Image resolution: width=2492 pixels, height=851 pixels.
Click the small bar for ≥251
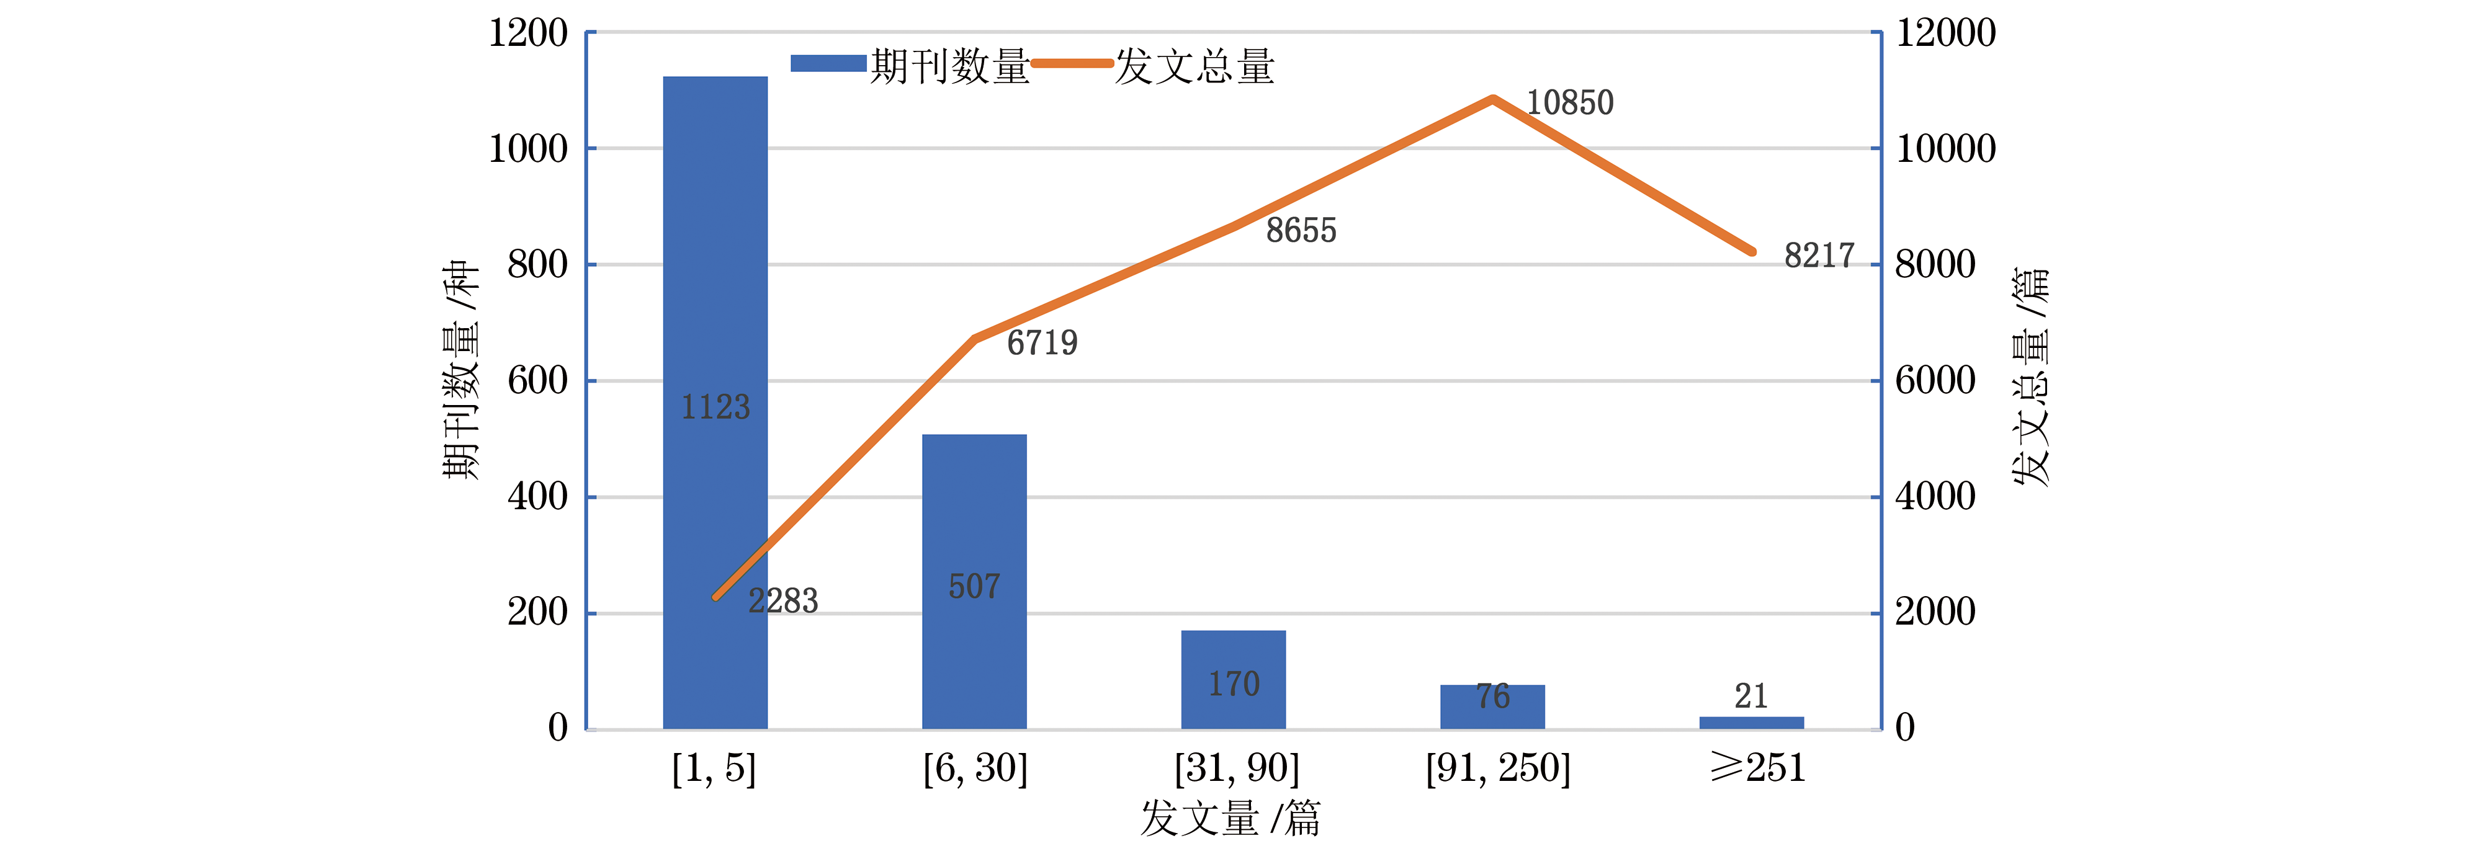pos(1751,723)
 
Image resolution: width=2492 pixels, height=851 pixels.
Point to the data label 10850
pos(1569,102)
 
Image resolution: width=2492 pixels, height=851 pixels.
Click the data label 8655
pos(1301,230)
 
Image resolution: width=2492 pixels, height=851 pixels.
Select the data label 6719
pos(1042,342)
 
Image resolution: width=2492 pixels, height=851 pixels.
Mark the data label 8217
pos(1819,256)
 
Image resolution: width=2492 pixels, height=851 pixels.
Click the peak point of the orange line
pos(1493,99)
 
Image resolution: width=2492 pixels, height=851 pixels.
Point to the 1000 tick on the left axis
pos(528,149)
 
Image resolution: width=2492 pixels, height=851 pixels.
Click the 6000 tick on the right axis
pos(1935,381)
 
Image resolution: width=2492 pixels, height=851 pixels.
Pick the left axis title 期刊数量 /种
pos(460,370)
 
